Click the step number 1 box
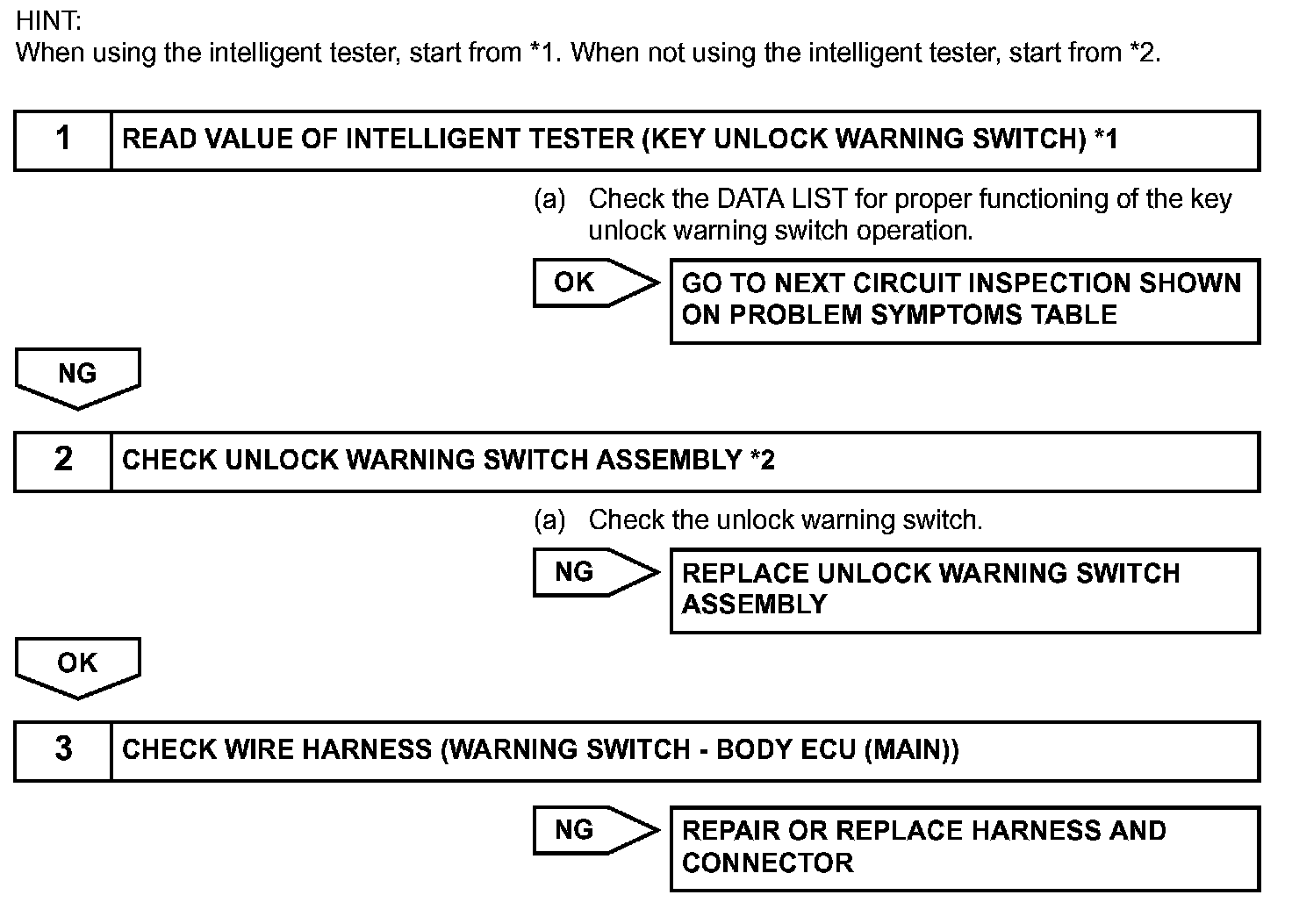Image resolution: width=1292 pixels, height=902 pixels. pyautogui.click(x=63, y=140)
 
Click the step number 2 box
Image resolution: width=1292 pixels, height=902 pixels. pyautogui.click(x=63, y=461)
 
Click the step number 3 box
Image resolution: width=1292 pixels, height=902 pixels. pyautogui.click(x=63, y=750)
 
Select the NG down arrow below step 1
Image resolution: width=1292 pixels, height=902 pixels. pyautogui.click(x=77, y=376)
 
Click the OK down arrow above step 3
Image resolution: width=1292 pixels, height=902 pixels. pyautogui.click(x=77, y=666)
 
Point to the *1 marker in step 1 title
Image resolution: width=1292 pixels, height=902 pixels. pyautogui.click(x=1106, y=139)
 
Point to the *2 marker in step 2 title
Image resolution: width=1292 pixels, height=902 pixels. pyautogui.click(x=763, y=460)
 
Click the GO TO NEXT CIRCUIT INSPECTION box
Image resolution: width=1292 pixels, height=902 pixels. pyautogui.click(x=965, y=300)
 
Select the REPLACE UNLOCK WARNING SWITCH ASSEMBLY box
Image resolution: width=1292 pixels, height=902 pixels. pyautogui.click(x=965, y=590)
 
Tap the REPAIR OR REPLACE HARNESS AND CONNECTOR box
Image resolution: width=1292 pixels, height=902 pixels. pyautogui.click(x=965, y=848)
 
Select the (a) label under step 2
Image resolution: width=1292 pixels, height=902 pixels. pyautogui.click(x=549, y=520)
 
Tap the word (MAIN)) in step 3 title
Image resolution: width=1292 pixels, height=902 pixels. pyautogui.click(x=911, y=750)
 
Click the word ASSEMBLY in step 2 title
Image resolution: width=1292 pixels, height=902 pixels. pyautogui.click(x=669, y=460)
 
